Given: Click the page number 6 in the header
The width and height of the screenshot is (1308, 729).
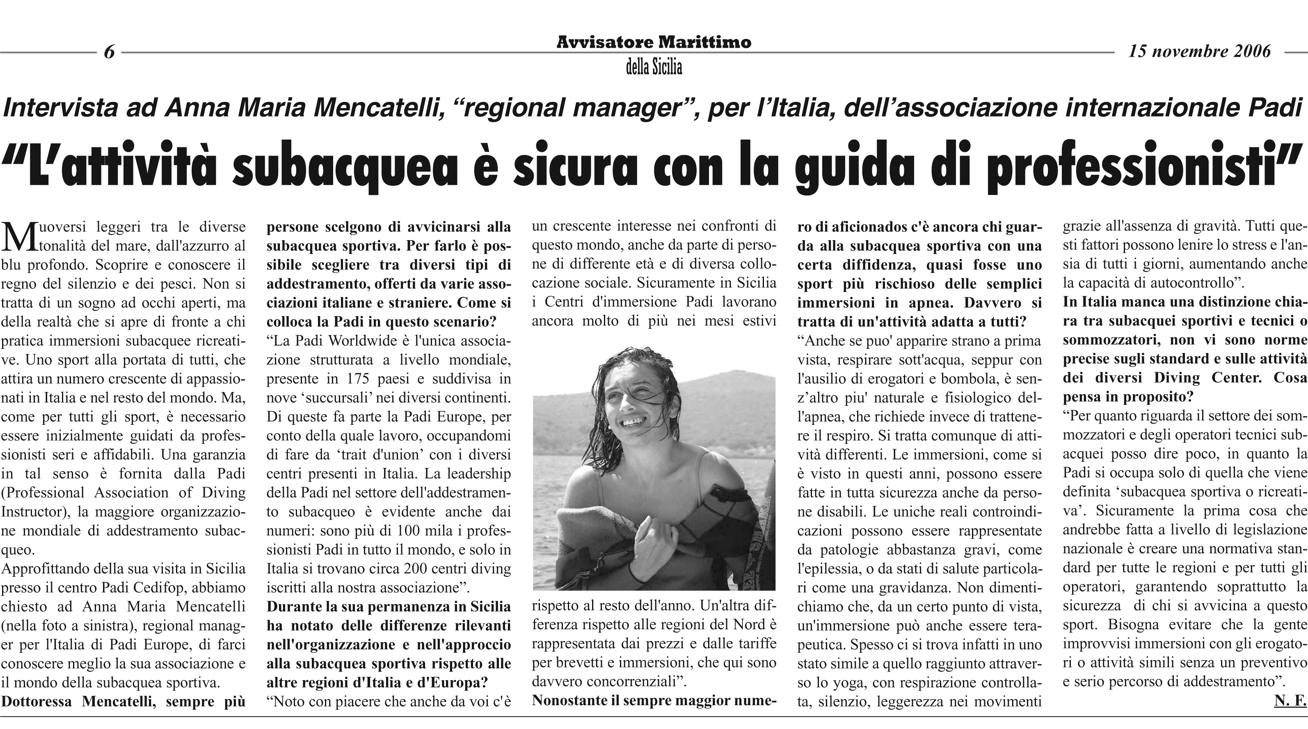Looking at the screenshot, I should coord(109,52).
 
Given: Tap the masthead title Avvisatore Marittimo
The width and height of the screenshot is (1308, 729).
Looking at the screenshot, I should coord(654,42).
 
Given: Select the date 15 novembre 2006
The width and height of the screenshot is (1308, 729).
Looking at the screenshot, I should coord(1199,51).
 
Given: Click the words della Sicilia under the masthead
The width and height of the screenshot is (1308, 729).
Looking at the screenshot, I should coord(654,67).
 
